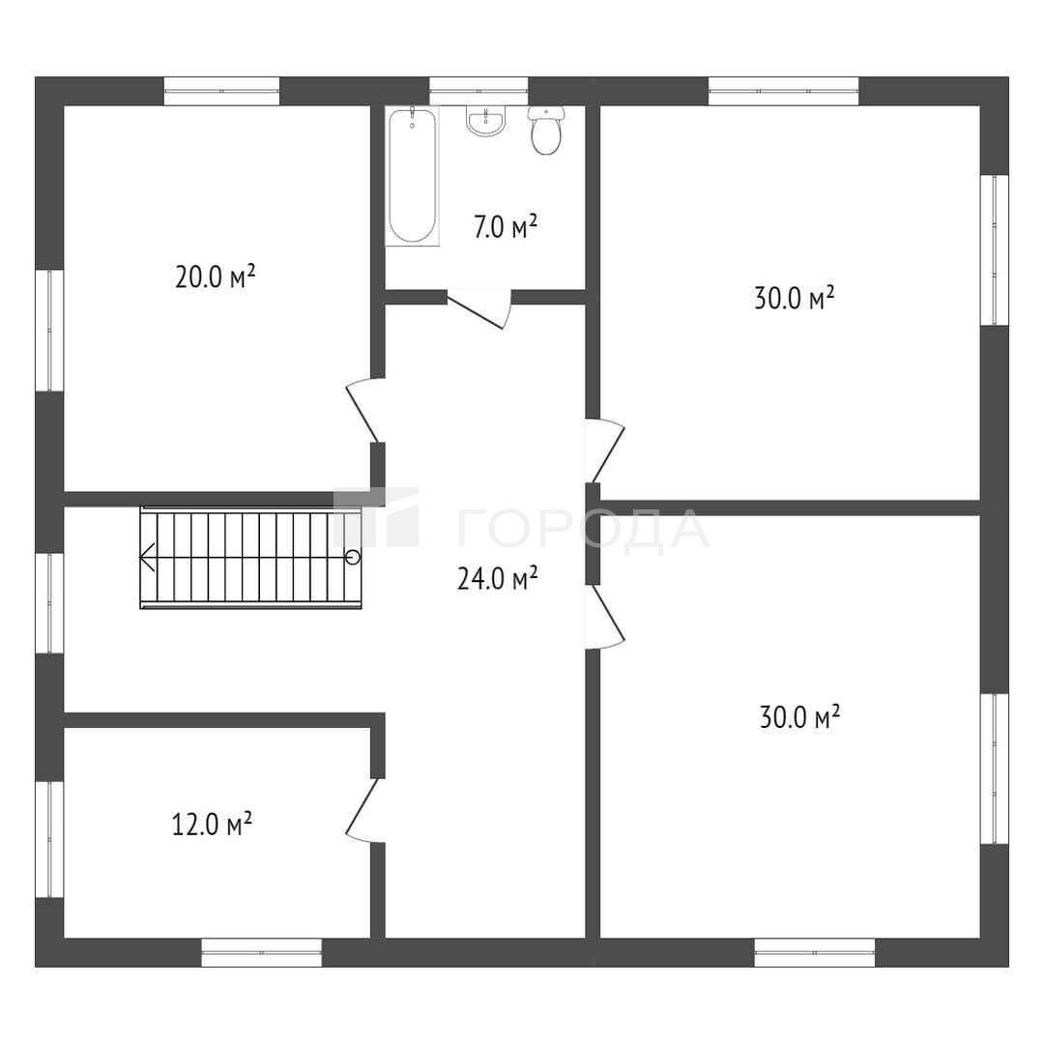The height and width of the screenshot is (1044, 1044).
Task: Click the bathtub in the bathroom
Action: (412, 176)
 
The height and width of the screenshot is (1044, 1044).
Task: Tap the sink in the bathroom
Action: (486, 121)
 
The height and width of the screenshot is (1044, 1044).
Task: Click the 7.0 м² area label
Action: (506, 226)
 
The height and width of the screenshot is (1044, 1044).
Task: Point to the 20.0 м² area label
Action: (215, 275)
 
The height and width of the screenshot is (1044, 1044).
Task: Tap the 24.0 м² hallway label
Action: (498, 578)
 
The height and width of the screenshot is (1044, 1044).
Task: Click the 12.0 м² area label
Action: (212, 824)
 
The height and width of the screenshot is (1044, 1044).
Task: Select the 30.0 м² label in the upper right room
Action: (795, 298)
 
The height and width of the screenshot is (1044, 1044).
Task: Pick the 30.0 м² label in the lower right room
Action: (799, 716)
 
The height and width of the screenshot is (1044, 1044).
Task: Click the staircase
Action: (250, 558)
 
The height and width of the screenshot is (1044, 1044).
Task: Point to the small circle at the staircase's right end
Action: (353, 558)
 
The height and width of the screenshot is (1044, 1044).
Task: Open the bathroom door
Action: (478, 309)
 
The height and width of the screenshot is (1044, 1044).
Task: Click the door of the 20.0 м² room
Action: (363, 410)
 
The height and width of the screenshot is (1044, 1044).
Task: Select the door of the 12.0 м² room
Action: (363, 811)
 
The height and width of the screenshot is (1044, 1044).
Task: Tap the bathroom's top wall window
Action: (478, 91)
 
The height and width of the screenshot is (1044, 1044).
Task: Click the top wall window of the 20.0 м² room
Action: (221, 91)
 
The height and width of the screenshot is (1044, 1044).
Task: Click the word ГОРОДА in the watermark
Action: (583, 531)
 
